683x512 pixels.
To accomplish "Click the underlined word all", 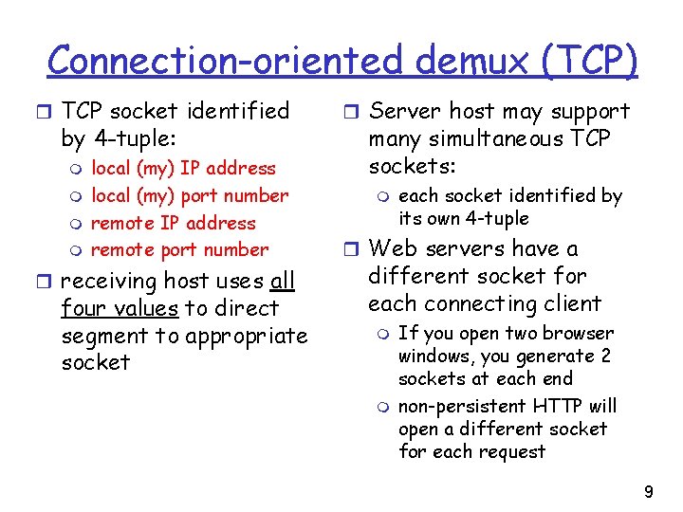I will tap(282, 282).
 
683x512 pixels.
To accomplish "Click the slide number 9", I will tap(649, 492).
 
